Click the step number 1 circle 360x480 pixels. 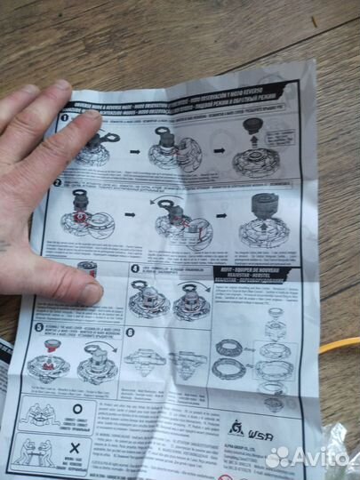pos(66,117)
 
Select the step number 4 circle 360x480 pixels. pos(135,268)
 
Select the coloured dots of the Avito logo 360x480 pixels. pos(278,457)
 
